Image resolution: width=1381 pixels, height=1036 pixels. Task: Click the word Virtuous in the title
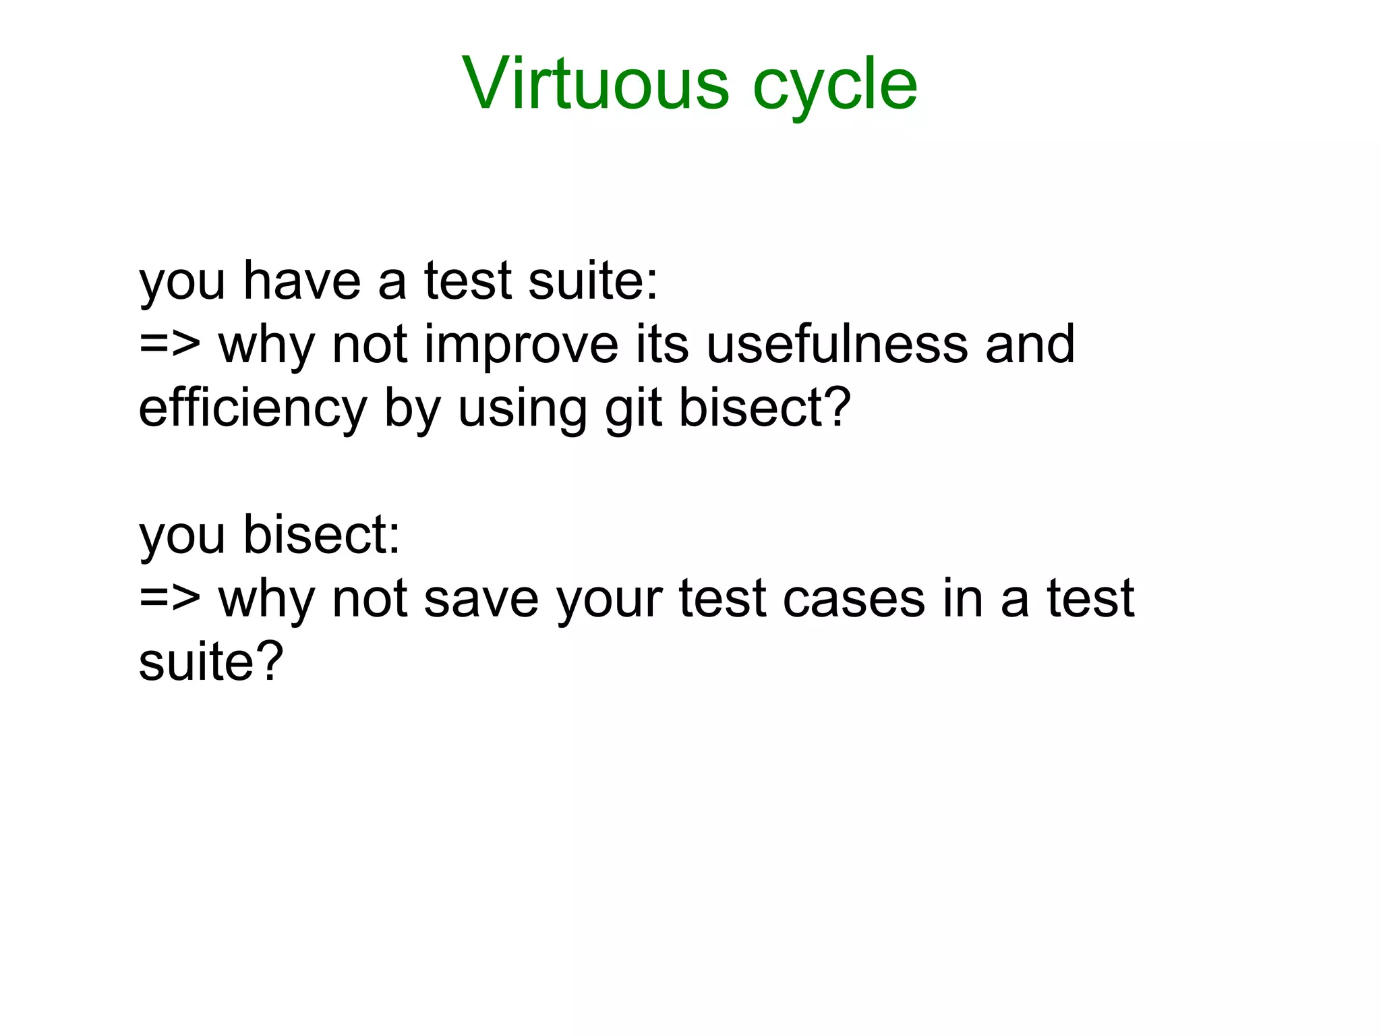pyautogui.click(x=595, y=84)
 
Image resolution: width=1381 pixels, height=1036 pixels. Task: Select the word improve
pyautogui.click(x=521, y=346)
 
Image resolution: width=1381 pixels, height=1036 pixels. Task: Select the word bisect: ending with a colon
pyautogui.click(x=322, y=535)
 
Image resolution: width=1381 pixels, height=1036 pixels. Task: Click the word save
pyautogui.click(x=481, y=599)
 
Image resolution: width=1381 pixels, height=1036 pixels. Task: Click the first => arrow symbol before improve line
pyautogui.click(x=170, y=345)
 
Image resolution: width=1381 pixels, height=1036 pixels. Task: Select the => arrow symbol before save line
pyautogui.click(x=170, y=599)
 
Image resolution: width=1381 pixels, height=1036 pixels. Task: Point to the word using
pyautogui.click(x=523, y=409)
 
